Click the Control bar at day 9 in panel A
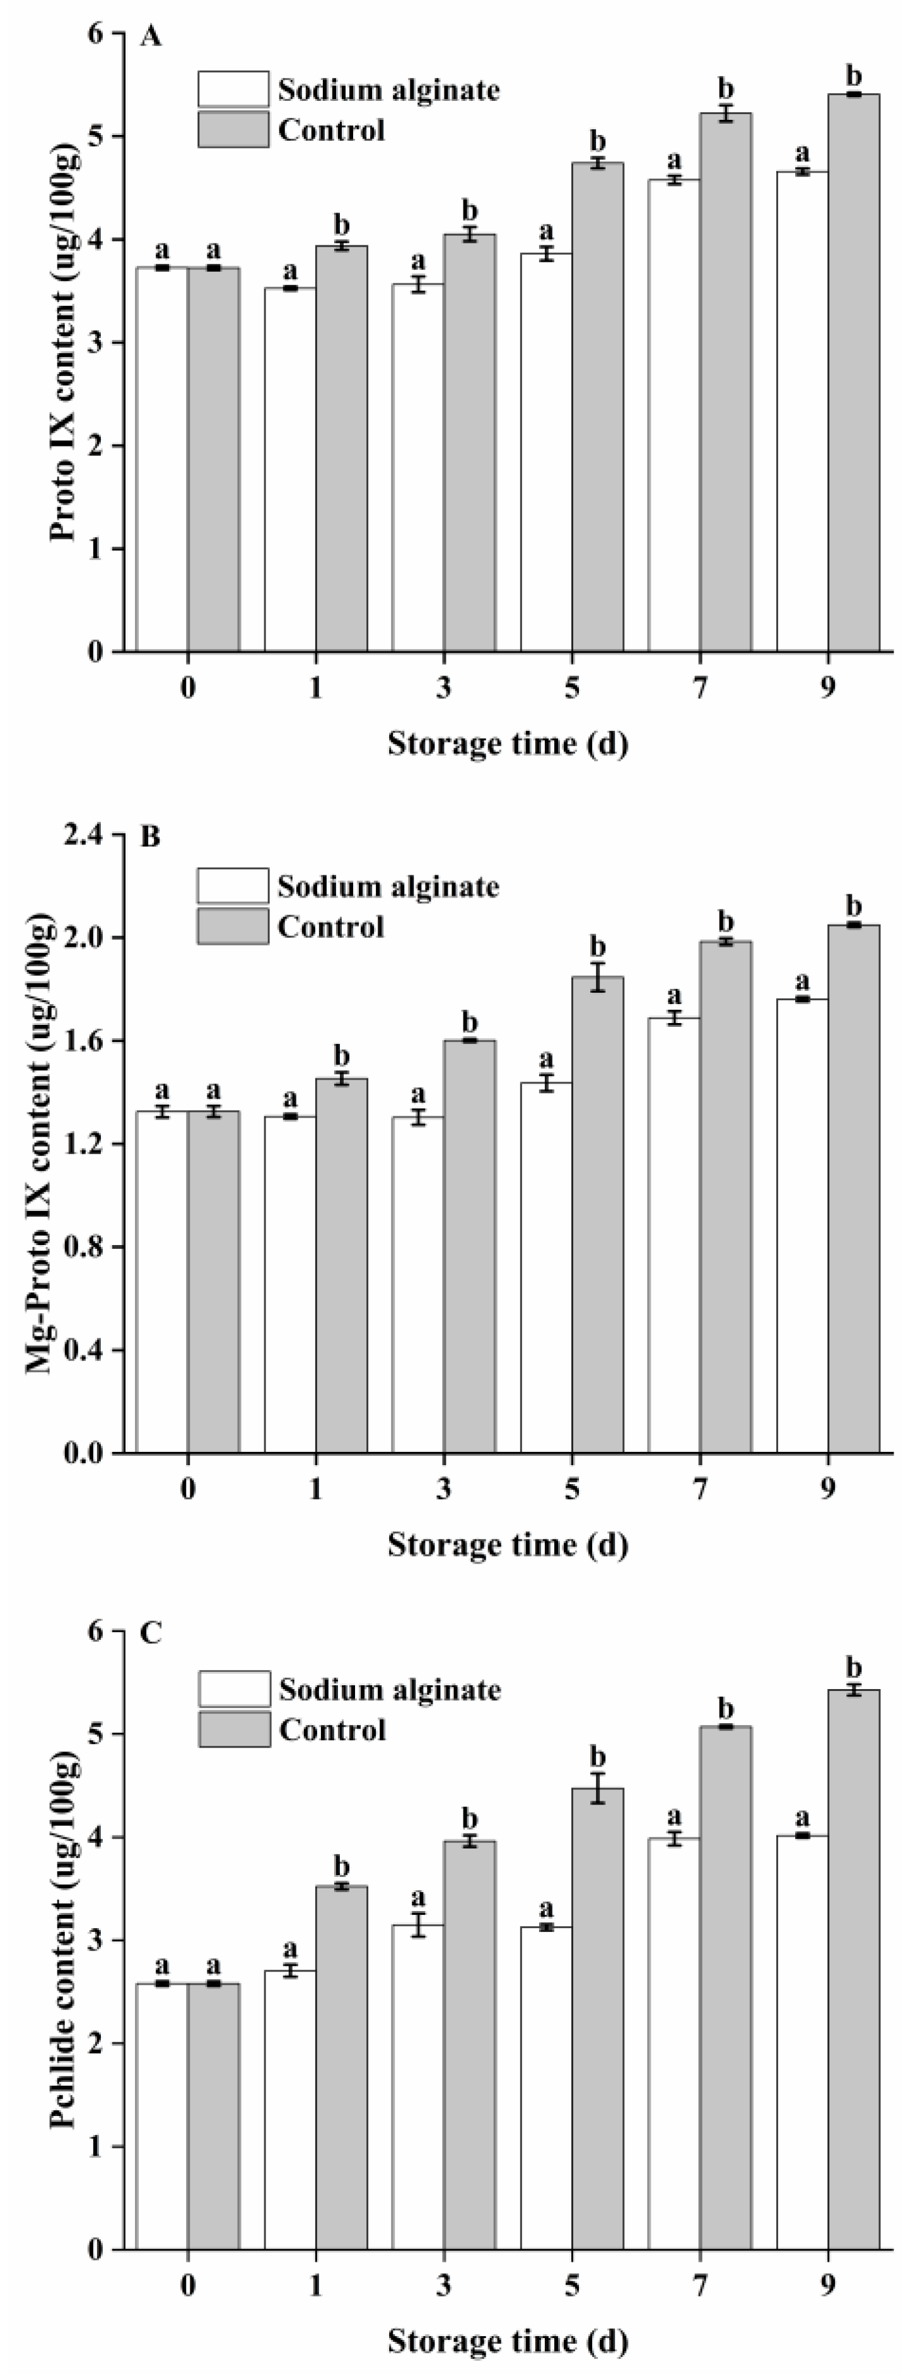(x=853, y=373)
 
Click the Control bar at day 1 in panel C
(x=341, y=2060)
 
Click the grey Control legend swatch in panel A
(x=233, y=129)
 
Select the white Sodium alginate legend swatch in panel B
(x=232, y=886)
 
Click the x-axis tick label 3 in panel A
(x=444, y=689)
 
